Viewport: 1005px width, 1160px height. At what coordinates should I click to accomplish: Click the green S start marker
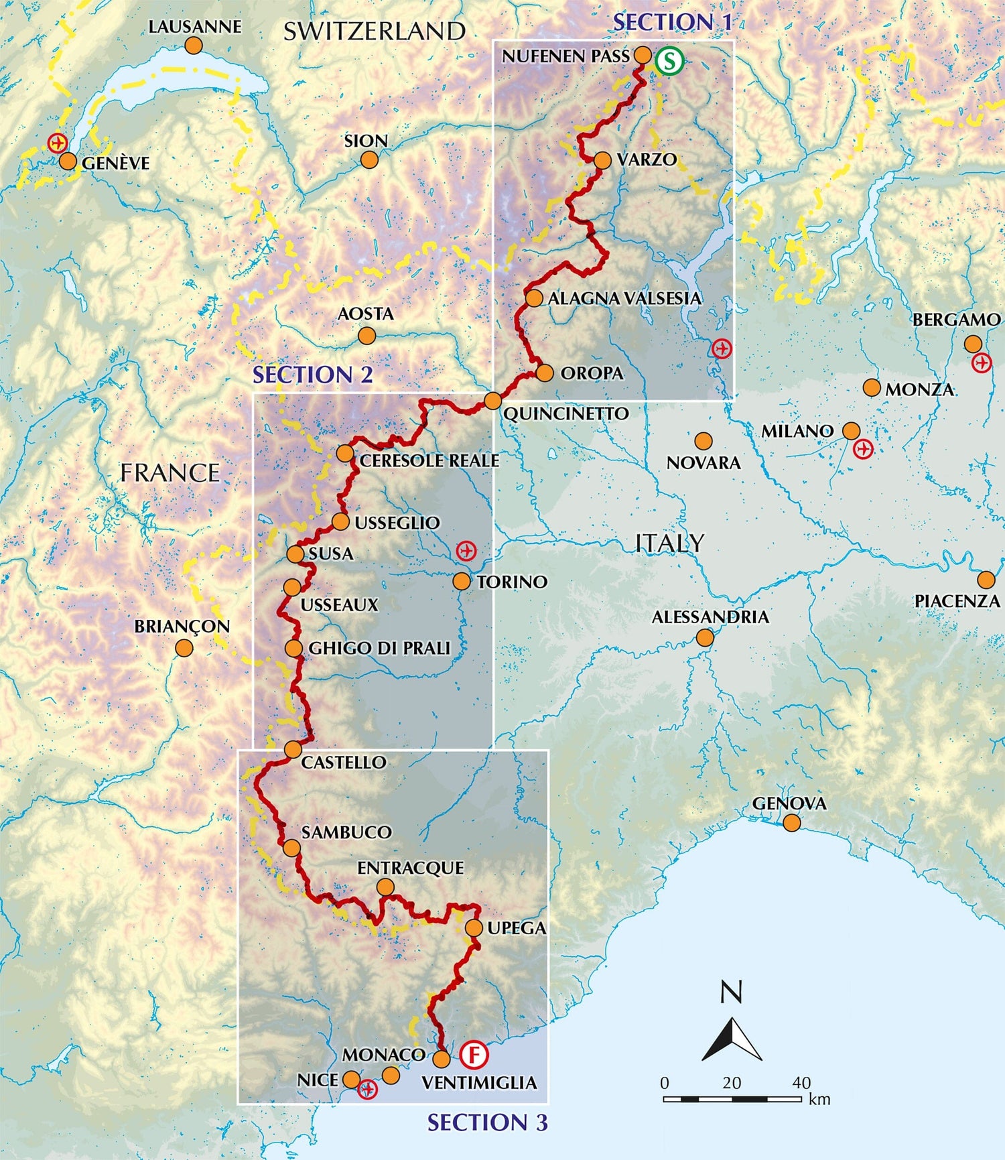click(x=669, y=61)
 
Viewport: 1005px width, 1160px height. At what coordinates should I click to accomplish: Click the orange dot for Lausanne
click(x=194, y=46)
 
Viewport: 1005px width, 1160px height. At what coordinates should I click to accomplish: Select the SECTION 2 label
click(x=312, y=375)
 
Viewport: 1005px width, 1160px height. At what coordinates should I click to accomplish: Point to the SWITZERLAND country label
click(x=374, y=31)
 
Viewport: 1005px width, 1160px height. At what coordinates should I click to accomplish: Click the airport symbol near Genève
click(x=58, y=143)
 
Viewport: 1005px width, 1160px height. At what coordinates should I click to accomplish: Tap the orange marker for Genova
click(x=792, y=823)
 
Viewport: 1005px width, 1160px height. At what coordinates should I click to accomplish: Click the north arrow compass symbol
click(x=732, y=1035)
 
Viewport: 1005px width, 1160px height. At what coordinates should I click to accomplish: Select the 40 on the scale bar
click(x=801, y=1082)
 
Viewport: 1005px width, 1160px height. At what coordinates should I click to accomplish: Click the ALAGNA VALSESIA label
click(x=624, y=298)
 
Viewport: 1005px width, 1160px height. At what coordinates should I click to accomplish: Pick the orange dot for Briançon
click(x=184, y=648)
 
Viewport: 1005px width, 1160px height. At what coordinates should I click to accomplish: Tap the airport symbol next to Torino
click(x=466, y=551)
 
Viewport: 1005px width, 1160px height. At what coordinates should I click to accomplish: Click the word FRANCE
click(x=170, y=473)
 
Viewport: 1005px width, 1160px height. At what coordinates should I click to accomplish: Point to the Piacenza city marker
click(x=986, y=580)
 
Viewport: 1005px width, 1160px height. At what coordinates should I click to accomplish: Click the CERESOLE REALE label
click(x=429, y=461)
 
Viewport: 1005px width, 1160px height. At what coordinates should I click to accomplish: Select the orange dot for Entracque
click(x=385, y=888)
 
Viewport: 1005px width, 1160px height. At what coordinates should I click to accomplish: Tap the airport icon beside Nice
click(x=368, y=1089)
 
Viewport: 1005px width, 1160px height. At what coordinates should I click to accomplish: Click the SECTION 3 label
click(x=487, y=1122)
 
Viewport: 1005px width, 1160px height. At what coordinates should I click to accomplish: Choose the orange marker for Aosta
click(x=366, y=336)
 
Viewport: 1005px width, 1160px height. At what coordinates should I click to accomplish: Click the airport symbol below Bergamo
click(x=982, y=363)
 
